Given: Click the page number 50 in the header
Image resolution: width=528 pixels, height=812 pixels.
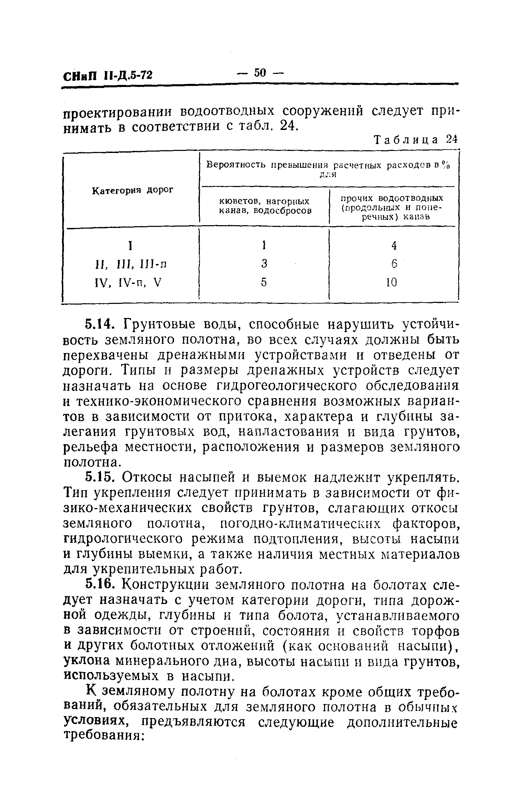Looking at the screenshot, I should (260, 73).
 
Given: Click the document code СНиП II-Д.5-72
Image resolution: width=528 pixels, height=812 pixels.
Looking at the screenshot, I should (107, 75).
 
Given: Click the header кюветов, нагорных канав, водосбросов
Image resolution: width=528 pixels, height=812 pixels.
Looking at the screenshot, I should (265, 205).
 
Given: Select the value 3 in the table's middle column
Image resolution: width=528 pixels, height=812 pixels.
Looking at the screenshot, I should (264, 264).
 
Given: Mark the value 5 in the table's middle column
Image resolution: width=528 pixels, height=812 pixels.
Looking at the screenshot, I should (264, 282).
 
